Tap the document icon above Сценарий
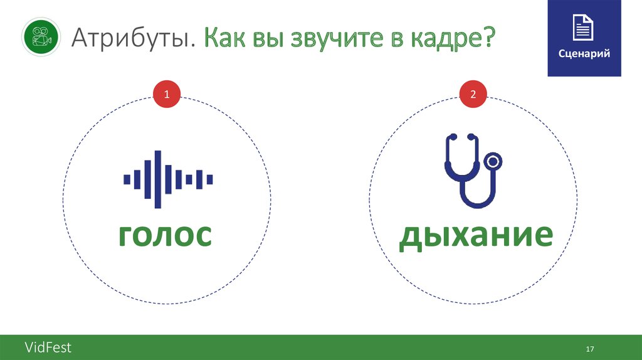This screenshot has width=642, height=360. [x=584, y=28]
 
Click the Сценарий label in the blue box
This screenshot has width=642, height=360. [x=584, y=54]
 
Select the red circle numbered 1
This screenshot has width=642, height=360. [x=167, y=95]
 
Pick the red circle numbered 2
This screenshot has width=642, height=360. [x=473, y=95]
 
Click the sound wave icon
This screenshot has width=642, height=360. [x=168, y=179]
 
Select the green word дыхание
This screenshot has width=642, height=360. [x=476, y=235]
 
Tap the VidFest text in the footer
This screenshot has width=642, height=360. [x=48, y=347]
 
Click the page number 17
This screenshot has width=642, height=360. [x=589, y=349]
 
